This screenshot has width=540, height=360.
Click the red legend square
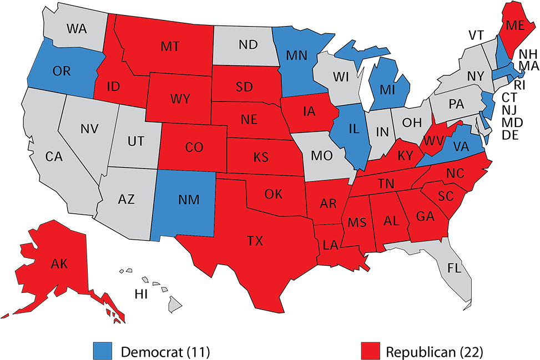coord(370,350)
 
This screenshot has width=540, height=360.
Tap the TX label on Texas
coord(255,241)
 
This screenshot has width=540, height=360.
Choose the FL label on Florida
coord(455,268)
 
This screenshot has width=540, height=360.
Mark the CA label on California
coord(54,157)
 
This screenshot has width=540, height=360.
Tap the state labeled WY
coord(180,99)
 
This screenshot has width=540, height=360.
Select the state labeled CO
coord(194,148)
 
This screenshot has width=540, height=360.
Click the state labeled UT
coord(135,141)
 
